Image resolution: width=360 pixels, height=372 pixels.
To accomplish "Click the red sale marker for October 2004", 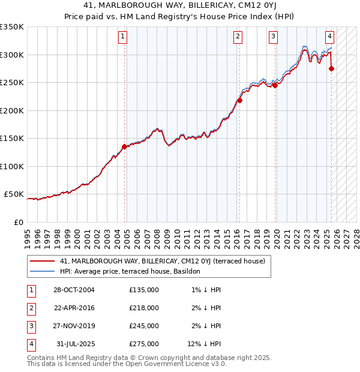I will click(124, 146).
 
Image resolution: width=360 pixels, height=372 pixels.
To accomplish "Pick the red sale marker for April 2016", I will click(239, 100).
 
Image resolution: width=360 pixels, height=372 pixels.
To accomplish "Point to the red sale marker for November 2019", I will click(275, 85).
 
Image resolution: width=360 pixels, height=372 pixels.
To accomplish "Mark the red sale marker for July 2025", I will click(332, 68).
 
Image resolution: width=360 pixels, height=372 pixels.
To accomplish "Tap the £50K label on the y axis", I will click(14, 194).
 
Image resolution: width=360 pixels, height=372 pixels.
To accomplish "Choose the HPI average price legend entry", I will click(134, 271).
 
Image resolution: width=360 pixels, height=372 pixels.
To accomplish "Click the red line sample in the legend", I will click(42, 261).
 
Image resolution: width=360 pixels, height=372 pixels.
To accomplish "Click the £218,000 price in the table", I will click(144, 308).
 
